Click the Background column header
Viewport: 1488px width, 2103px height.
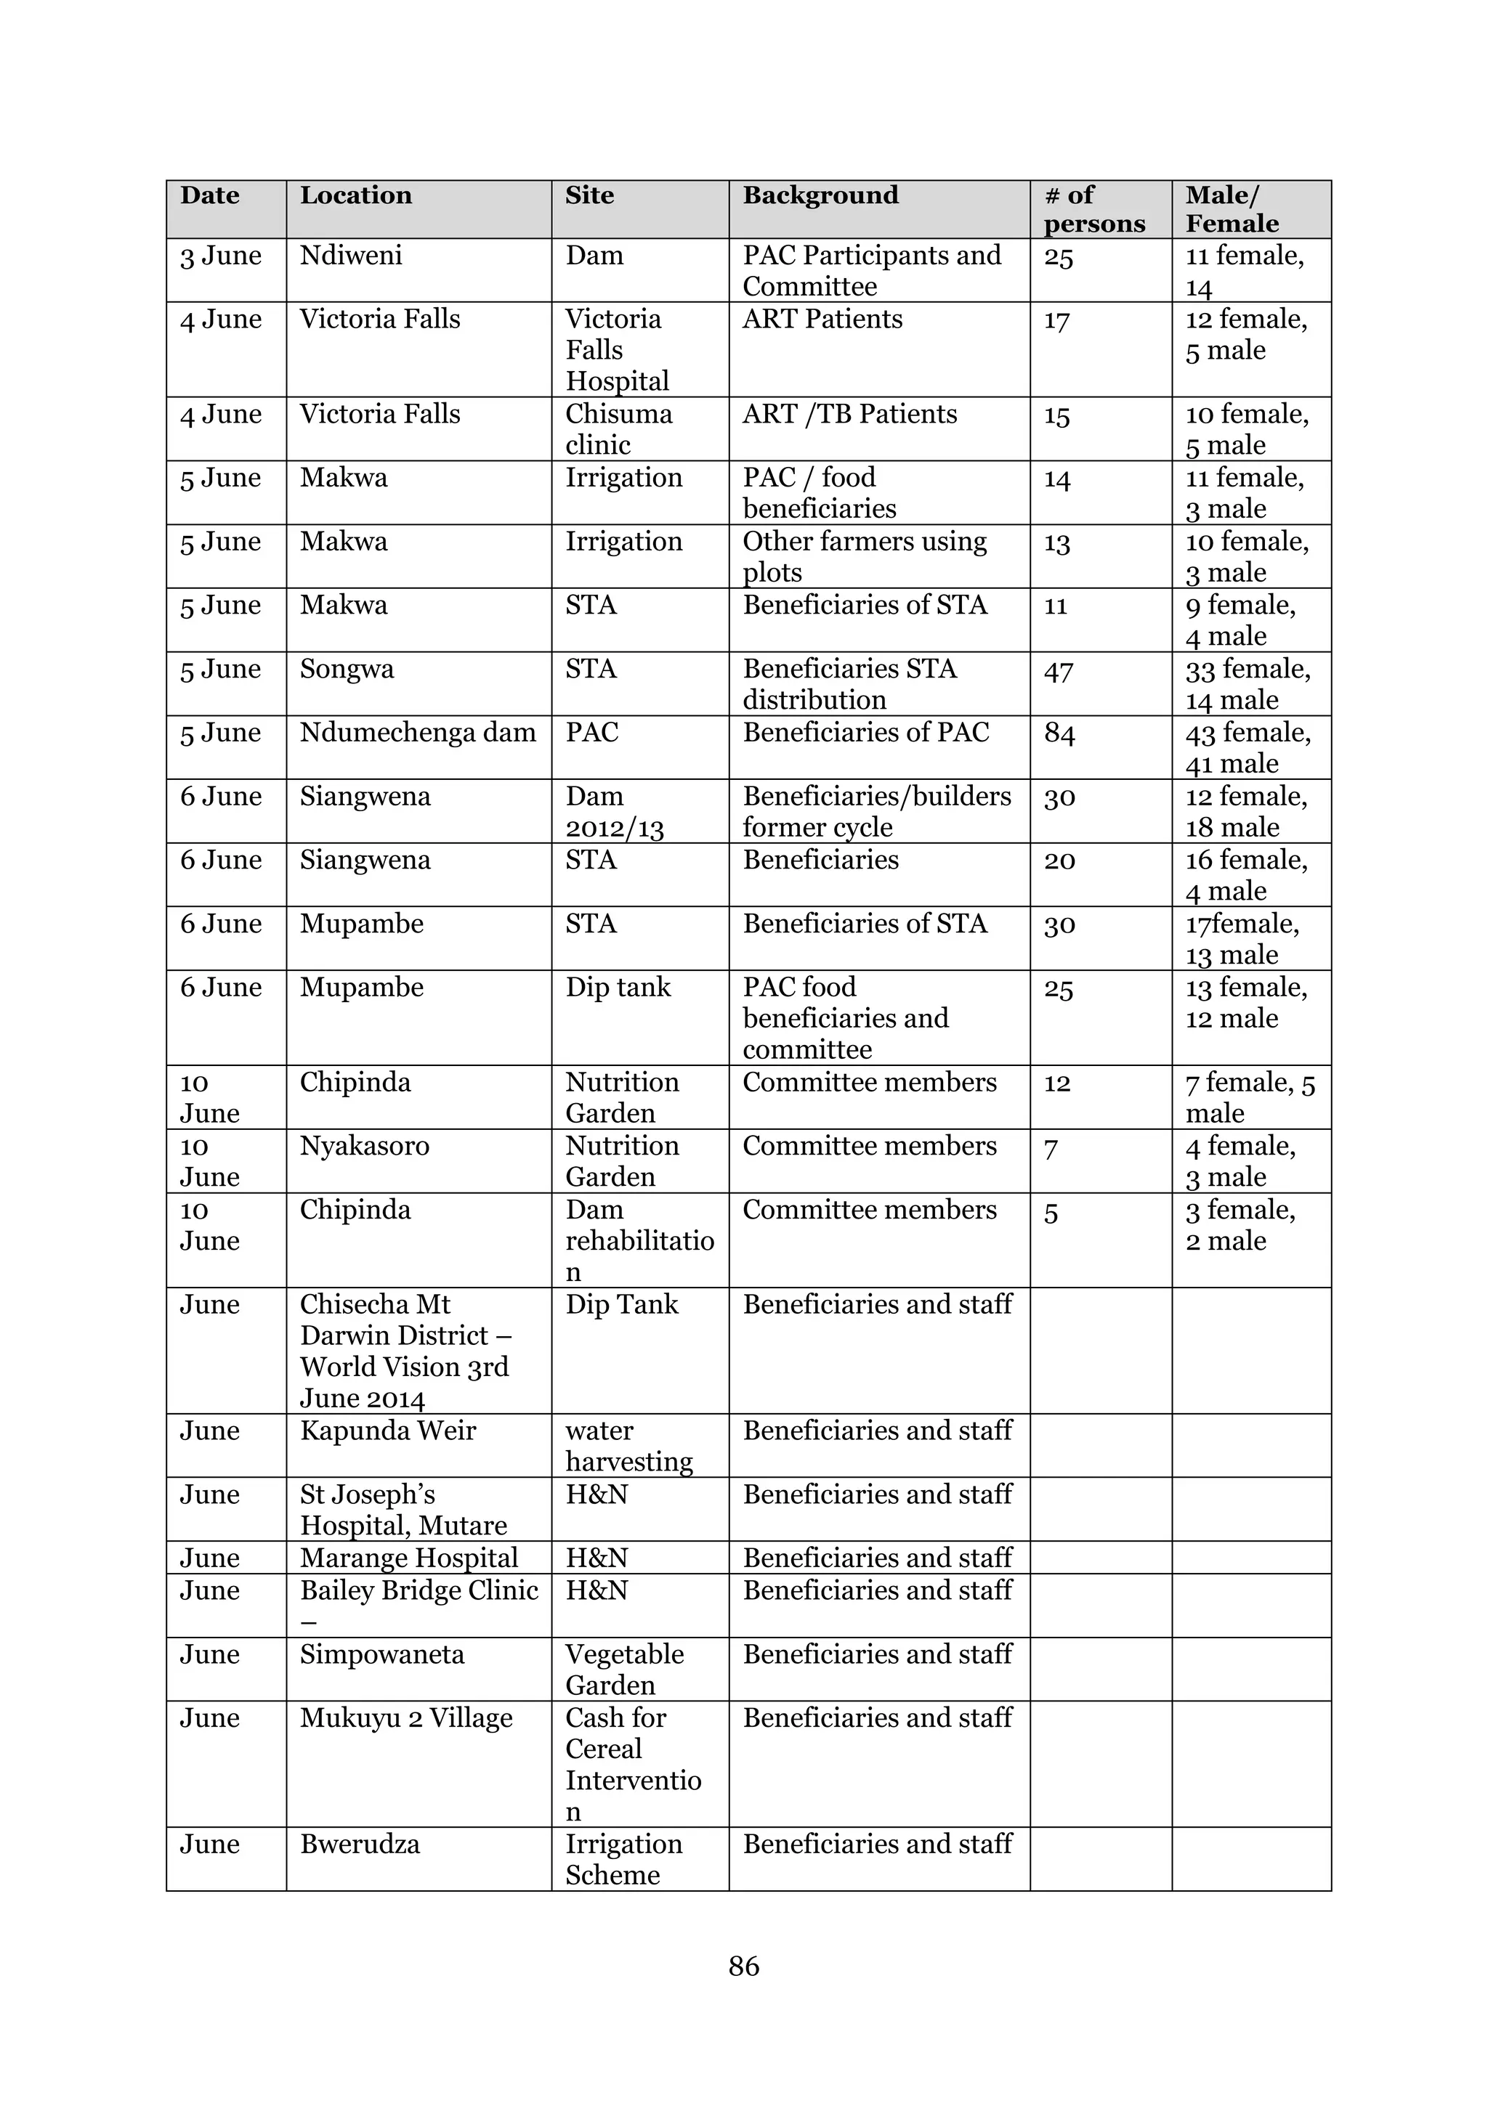(820, 195)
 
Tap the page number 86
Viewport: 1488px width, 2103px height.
(743, 1966)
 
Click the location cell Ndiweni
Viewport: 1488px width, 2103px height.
(351, 256)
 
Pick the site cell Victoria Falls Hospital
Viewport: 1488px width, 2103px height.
(618, 350)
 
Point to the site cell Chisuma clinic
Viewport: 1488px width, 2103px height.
(618, 428)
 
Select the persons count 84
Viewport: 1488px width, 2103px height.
(1059, 733)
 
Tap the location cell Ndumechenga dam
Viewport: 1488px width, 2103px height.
(418, 733)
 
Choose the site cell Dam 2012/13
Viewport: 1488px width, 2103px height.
(614, 812)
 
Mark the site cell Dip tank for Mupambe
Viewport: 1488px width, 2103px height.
(618, 988)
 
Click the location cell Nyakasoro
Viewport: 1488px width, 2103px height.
(365, 1146)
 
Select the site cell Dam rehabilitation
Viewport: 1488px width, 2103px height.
(639, 1240)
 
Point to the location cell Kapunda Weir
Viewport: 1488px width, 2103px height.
(387, 1431)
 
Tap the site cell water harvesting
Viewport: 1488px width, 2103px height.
(628, 1447)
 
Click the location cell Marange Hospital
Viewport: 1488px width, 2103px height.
(408, 1558)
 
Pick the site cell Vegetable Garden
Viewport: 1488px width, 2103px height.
(624, 1669)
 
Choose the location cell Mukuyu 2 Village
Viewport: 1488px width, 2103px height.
(406, 1718)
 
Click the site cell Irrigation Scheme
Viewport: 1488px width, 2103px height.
(623, 1859)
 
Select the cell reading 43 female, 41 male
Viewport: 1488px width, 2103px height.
(1248, 749)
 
